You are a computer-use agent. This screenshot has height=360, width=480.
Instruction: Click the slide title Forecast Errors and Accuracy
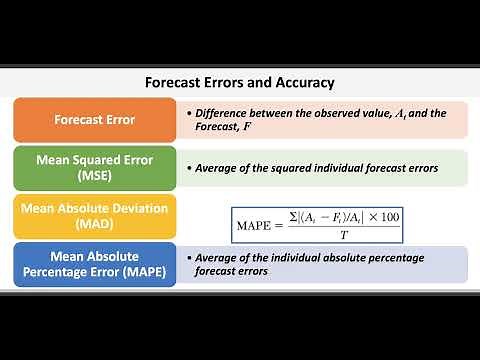coord(240,83)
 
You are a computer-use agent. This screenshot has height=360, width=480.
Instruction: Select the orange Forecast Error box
coord(95,120)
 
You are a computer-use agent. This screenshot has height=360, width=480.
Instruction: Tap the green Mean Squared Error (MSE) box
coord(95,167)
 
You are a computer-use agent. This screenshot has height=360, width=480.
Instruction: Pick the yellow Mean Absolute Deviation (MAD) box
coord(95,215)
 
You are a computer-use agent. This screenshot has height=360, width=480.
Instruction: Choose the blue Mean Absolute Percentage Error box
coord(95,263)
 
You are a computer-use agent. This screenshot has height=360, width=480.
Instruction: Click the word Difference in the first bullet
coord(224,112)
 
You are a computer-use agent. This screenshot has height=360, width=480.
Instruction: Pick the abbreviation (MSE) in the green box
coord(95,176)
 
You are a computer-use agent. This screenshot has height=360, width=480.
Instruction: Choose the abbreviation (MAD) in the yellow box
coord(95,224)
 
